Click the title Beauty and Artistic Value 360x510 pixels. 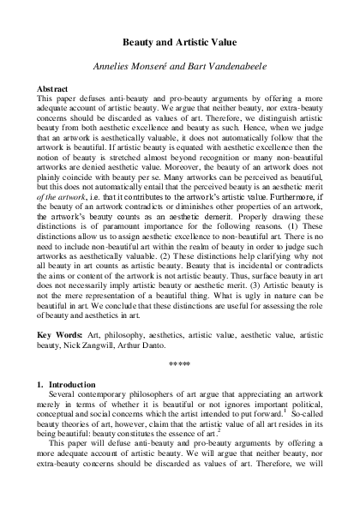(180, 41)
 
